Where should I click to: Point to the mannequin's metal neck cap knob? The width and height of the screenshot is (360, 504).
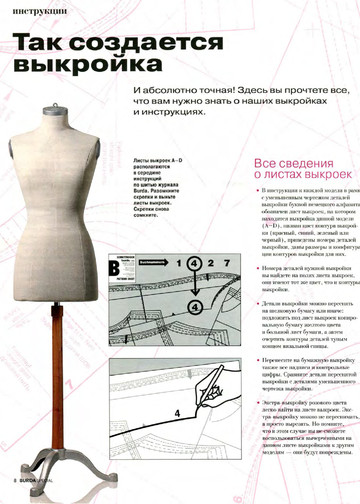pyautogui.click(x=66, y=108)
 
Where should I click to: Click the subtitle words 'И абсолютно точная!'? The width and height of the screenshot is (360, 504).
pyautogui.click(x=174, y=90)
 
